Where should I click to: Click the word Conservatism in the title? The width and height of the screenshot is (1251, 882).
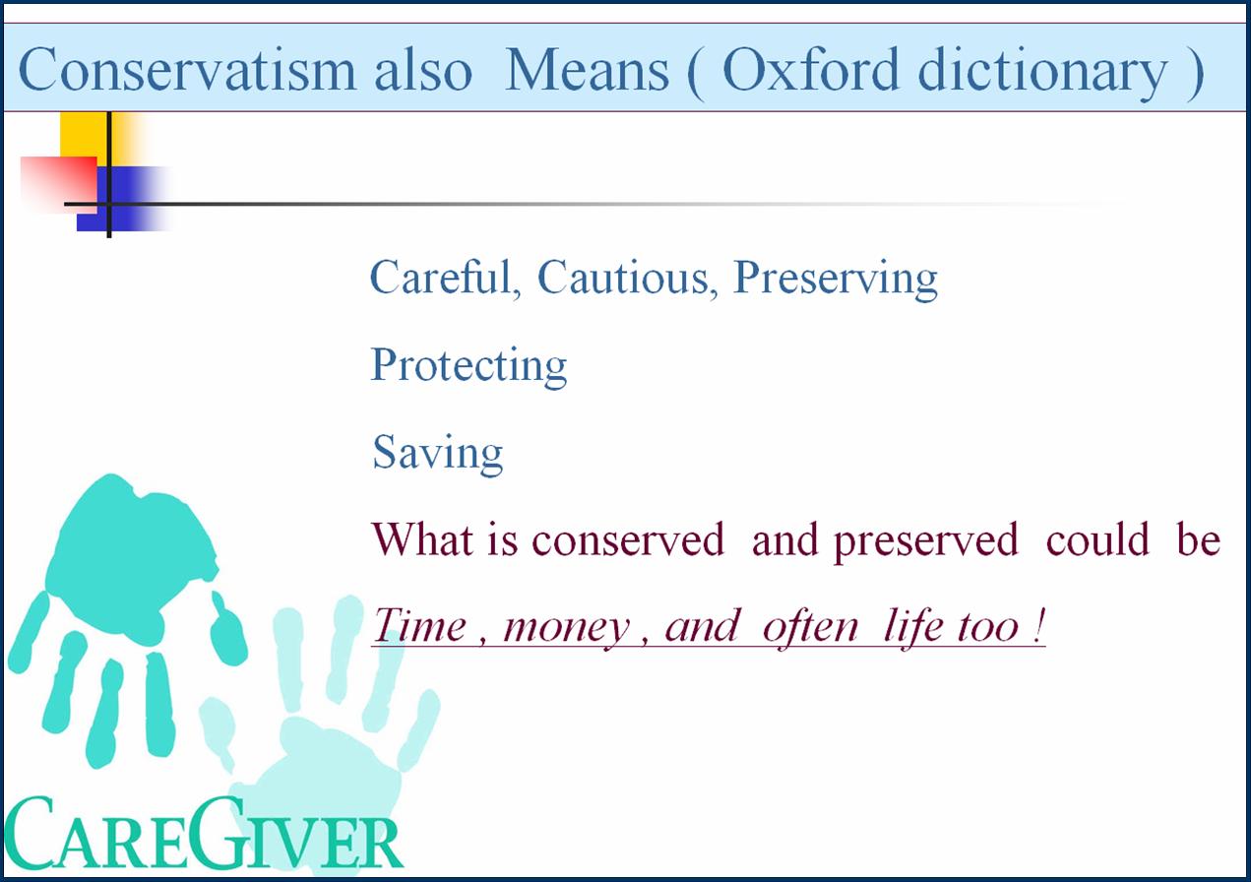click(187, 69)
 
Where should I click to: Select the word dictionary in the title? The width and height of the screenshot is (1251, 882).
click(1042, 73)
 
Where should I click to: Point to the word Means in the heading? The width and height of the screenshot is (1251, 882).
click(587, 69)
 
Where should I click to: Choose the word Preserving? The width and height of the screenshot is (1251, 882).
click(836, 280)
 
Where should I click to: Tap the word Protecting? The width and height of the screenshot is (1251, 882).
click(469, 366)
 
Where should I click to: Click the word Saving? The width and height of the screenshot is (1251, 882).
click(438, 453)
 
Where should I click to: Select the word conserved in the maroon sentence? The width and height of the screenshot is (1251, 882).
click(628, 539)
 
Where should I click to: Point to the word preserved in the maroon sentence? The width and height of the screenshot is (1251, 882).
click(926, 542)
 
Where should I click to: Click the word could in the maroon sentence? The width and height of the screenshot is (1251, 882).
click(1098, 539)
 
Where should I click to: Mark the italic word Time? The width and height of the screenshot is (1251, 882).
click(419, 625)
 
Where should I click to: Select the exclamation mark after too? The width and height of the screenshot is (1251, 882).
click(1038, 625)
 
